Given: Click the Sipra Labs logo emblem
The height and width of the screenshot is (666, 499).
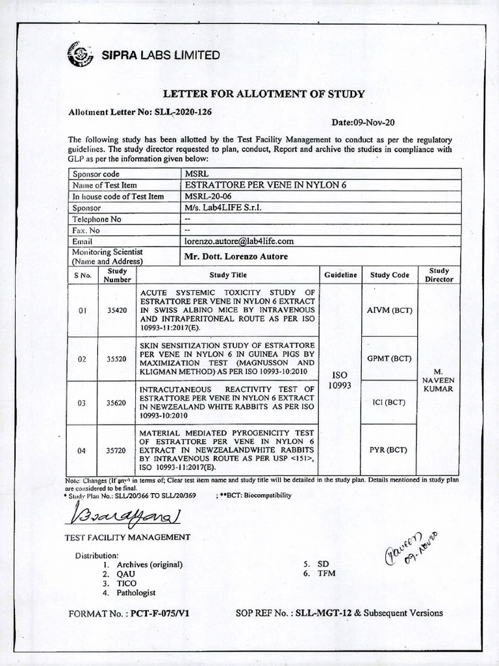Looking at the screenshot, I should pyautogui.click(x=80, y=54).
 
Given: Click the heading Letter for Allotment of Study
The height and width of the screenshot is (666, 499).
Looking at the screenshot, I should pyautogui.click(x=263, y=94).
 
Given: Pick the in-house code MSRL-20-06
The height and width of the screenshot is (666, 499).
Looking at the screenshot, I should pyautogui.click(x=208, y=196).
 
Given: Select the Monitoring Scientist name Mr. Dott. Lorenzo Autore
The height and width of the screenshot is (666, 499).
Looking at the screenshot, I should pyautogui.click(x=236, y=256).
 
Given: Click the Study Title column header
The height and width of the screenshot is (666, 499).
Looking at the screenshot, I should pyautogui.click(x=227, y=275).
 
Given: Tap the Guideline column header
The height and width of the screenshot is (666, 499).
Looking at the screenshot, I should pyautogui.click(x=341, y=275).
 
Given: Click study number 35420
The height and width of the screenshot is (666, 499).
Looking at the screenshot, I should pyautogui.click(x=117, y=311).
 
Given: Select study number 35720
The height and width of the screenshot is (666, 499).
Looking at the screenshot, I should pyautogui.click(x=117, y=450).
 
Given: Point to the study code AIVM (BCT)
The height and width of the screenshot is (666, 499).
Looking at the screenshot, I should pyautogui.click(x=390, y=311).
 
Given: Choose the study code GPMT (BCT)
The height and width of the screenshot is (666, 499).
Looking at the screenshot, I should pyautogui.click(x=390, y=358).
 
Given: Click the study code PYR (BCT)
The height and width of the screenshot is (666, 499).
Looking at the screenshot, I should pyautogui.click(x=390, y=450).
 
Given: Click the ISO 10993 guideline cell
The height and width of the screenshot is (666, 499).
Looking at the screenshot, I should pyautogui.click(x=340, y=380).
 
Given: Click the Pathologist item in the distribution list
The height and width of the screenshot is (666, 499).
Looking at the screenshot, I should pyautogui.click(x=136, y=593).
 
